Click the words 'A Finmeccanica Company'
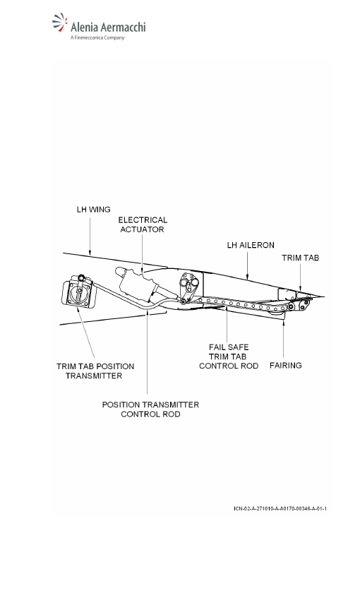click(97, 37)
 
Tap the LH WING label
click(93, 210)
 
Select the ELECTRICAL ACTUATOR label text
click(143, 224)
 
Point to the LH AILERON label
click(251, 245)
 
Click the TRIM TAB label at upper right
click(300, 258)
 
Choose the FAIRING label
click(285, 366)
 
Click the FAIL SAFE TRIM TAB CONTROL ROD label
click(229, 356)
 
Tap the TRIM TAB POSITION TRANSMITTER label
click(95, 371)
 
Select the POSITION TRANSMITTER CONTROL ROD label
click(150, 409)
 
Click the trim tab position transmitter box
click(79, 293)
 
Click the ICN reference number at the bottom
click(280, 508)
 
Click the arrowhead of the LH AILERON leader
click(247, 276)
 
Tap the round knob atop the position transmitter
click(81, 277)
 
